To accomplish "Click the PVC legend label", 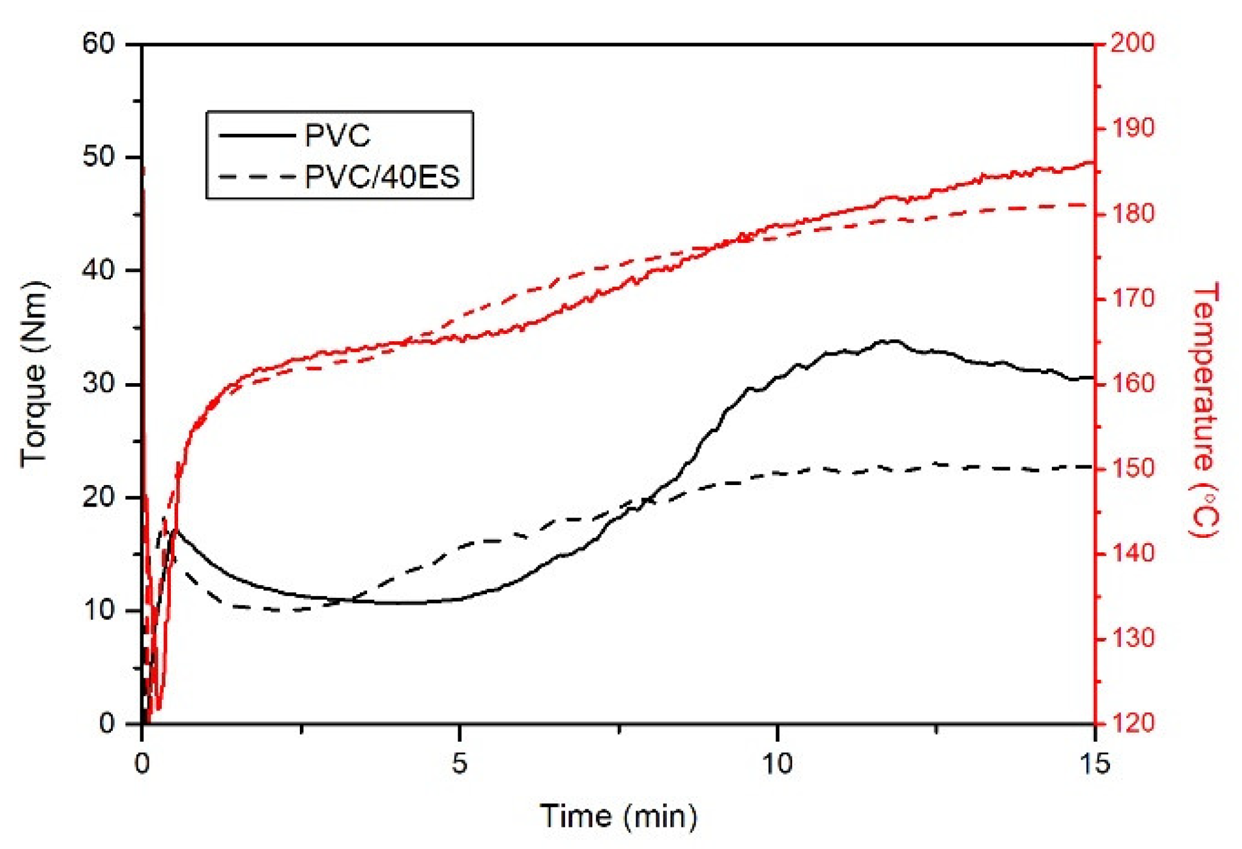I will [x=337, y=136].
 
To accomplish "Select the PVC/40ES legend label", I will [x=382, y=177].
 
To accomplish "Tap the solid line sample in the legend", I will [x=257, y=136].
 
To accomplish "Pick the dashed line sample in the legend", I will [x=257, y=177].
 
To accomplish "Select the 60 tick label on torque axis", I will [x=98, y=44].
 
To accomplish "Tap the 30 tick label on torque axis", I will [x=98, y=384].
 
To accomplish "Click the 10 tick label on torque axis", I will [x=98, y=610].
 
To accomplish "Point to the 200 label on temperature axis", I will [x=1132, y=44].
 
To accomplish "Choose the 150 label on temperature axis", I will [x=1132, y=468].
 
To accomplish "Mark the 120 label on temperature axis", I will [x=1132, y=723].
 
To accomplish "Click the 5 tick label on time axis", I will [x=459, y=764].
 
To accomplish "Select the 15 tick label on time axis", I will [x=1094, y=764].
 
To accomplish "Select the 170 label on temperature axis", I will [x=1132, y=299].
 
